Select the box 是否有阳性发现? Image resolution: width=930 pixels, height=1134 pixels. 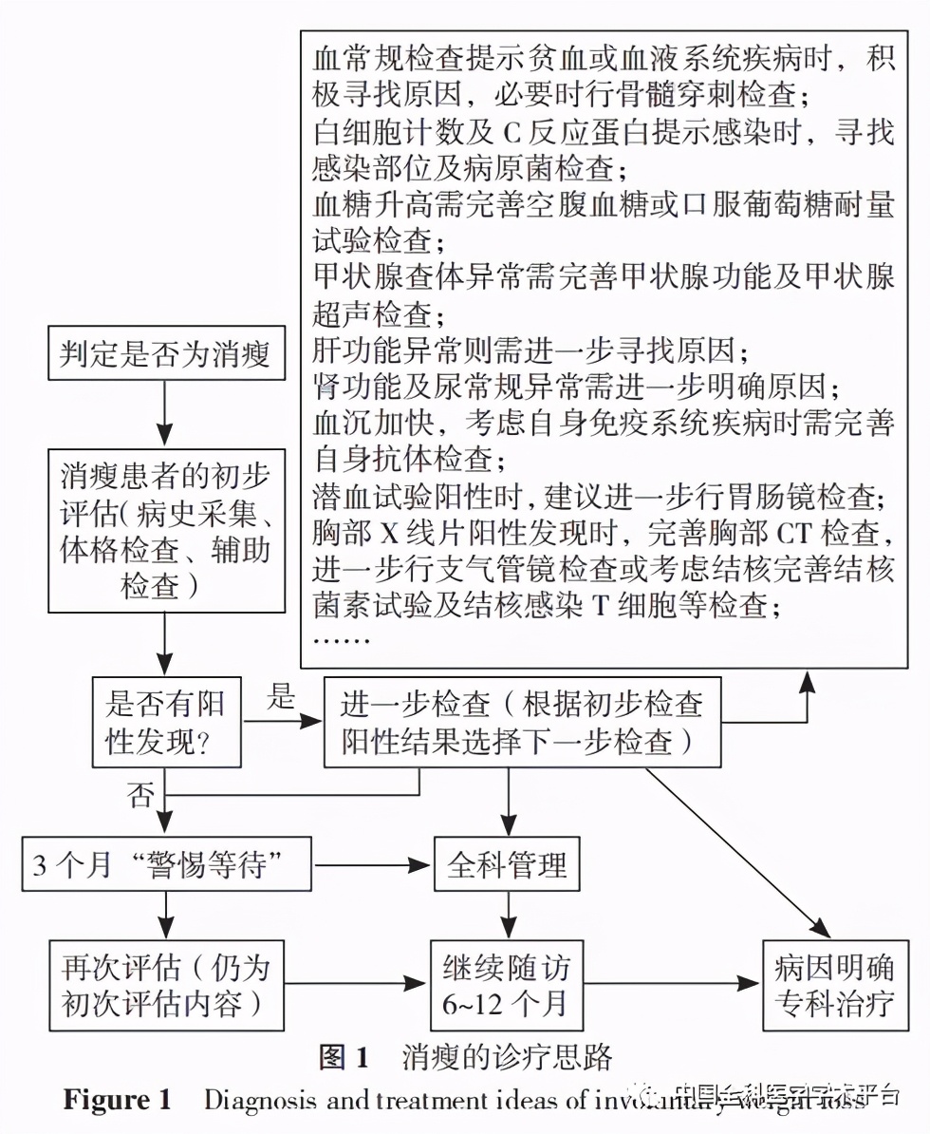coord(165,721)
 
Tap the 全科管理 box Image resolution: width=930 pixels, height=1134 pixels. coord(507,865)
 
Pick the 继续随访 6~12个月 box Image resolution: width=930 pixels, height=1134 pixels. coord(507,985)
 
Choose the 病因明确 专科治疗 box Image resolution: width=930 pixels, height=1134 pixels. coord(829,985)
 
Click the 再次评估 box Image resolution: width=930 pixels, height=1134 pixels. coord(166,985)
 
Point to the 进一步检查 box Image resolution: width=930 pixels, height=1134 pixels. coord(521,721)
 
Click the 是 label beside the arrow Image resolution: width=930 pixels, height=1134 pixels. coord(281,699)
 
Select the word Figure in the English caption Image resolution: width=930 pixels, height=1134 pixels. coord(106,1100)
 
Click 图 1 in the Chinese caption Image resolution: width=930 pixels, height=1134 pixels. coord(344,1057)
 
